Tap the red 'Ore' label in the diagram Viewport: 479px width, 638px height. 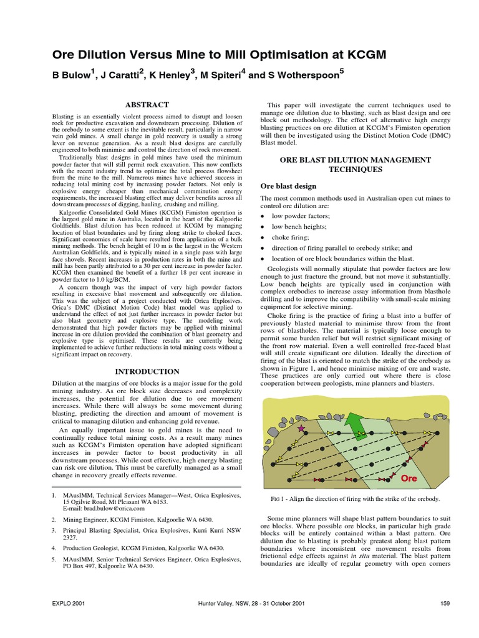click(408, 478)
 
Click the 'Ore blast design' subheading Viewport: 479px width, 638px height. click(289, 186)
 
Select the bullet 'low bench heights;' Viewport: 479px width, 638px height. click(299, 227)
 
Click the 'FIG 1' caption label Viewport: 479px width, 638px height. click(280, 499)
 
